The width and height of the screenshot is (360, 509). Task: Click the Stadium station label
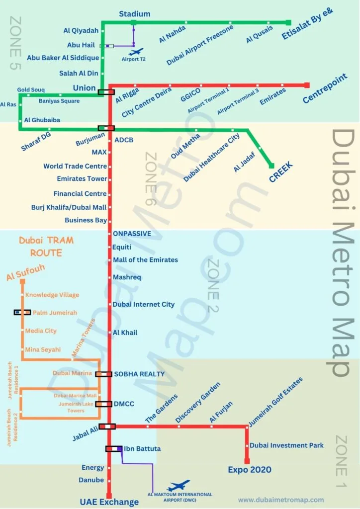(x=134, y=14)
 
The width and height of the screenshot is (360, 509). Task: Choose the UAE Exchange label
(x=109, y=502)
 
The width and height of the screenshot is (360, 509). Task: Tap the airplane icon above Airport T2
(x=136, y=51)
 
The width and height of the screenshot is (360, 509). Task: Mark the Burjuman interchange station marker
(x=106, y=128)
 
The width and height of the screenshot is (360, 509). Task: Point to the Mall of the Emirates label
(x=145, y=260)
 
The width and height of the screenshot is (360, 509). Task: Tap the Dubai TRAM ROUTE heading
(x=46, y=247)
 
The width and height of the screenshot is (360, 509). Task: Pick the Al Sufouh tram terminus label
(x=25, y=270)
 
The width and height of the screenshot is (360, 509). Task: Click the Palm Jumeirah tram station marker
(x=22, y=312)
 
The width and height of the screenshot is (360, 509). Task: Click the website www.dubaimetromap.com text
(x=281, y=500)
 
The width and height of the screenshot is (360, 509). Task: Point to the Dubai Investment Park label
(x=287, y=445)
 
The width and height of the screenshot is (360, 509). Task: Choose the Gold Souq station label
(x=31, y=90)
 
